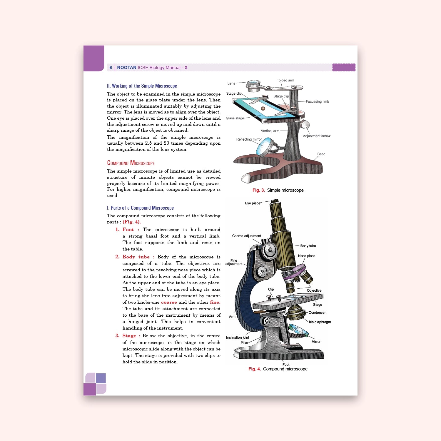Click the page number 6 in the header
[x=111, y=68]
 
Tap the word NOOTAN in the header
[x=127, y=68]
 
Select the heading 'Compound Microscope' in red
[x=131, y=163]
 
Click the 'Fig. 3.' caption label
[x=258, y=190]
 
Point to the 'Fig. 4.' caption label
[x=254, y=369]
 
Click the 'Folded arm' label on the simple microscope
[x=285, y=80]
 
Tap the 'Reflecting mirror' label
[x=249, y=139]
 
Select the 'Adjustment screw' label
[x=317, y=136]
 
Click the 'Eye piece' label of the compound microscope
[x=253, y=203]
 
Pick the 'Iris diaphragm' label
[x=320, y=322]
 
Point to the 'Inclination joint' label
[x=238, y=338]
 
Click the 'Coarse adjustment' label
[x=247, y=236]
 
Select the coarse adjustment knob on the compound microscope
[x=270, y=250]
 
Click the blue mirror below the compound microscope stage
[x=298, y=330]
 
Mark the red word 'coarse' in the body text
[x=169, y=302]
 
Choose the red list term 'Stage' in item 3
[x=129, y=336]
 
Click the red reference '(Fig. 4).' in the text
[x=132, y=222]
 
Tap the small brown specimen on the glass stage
[x=263, y=108]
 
